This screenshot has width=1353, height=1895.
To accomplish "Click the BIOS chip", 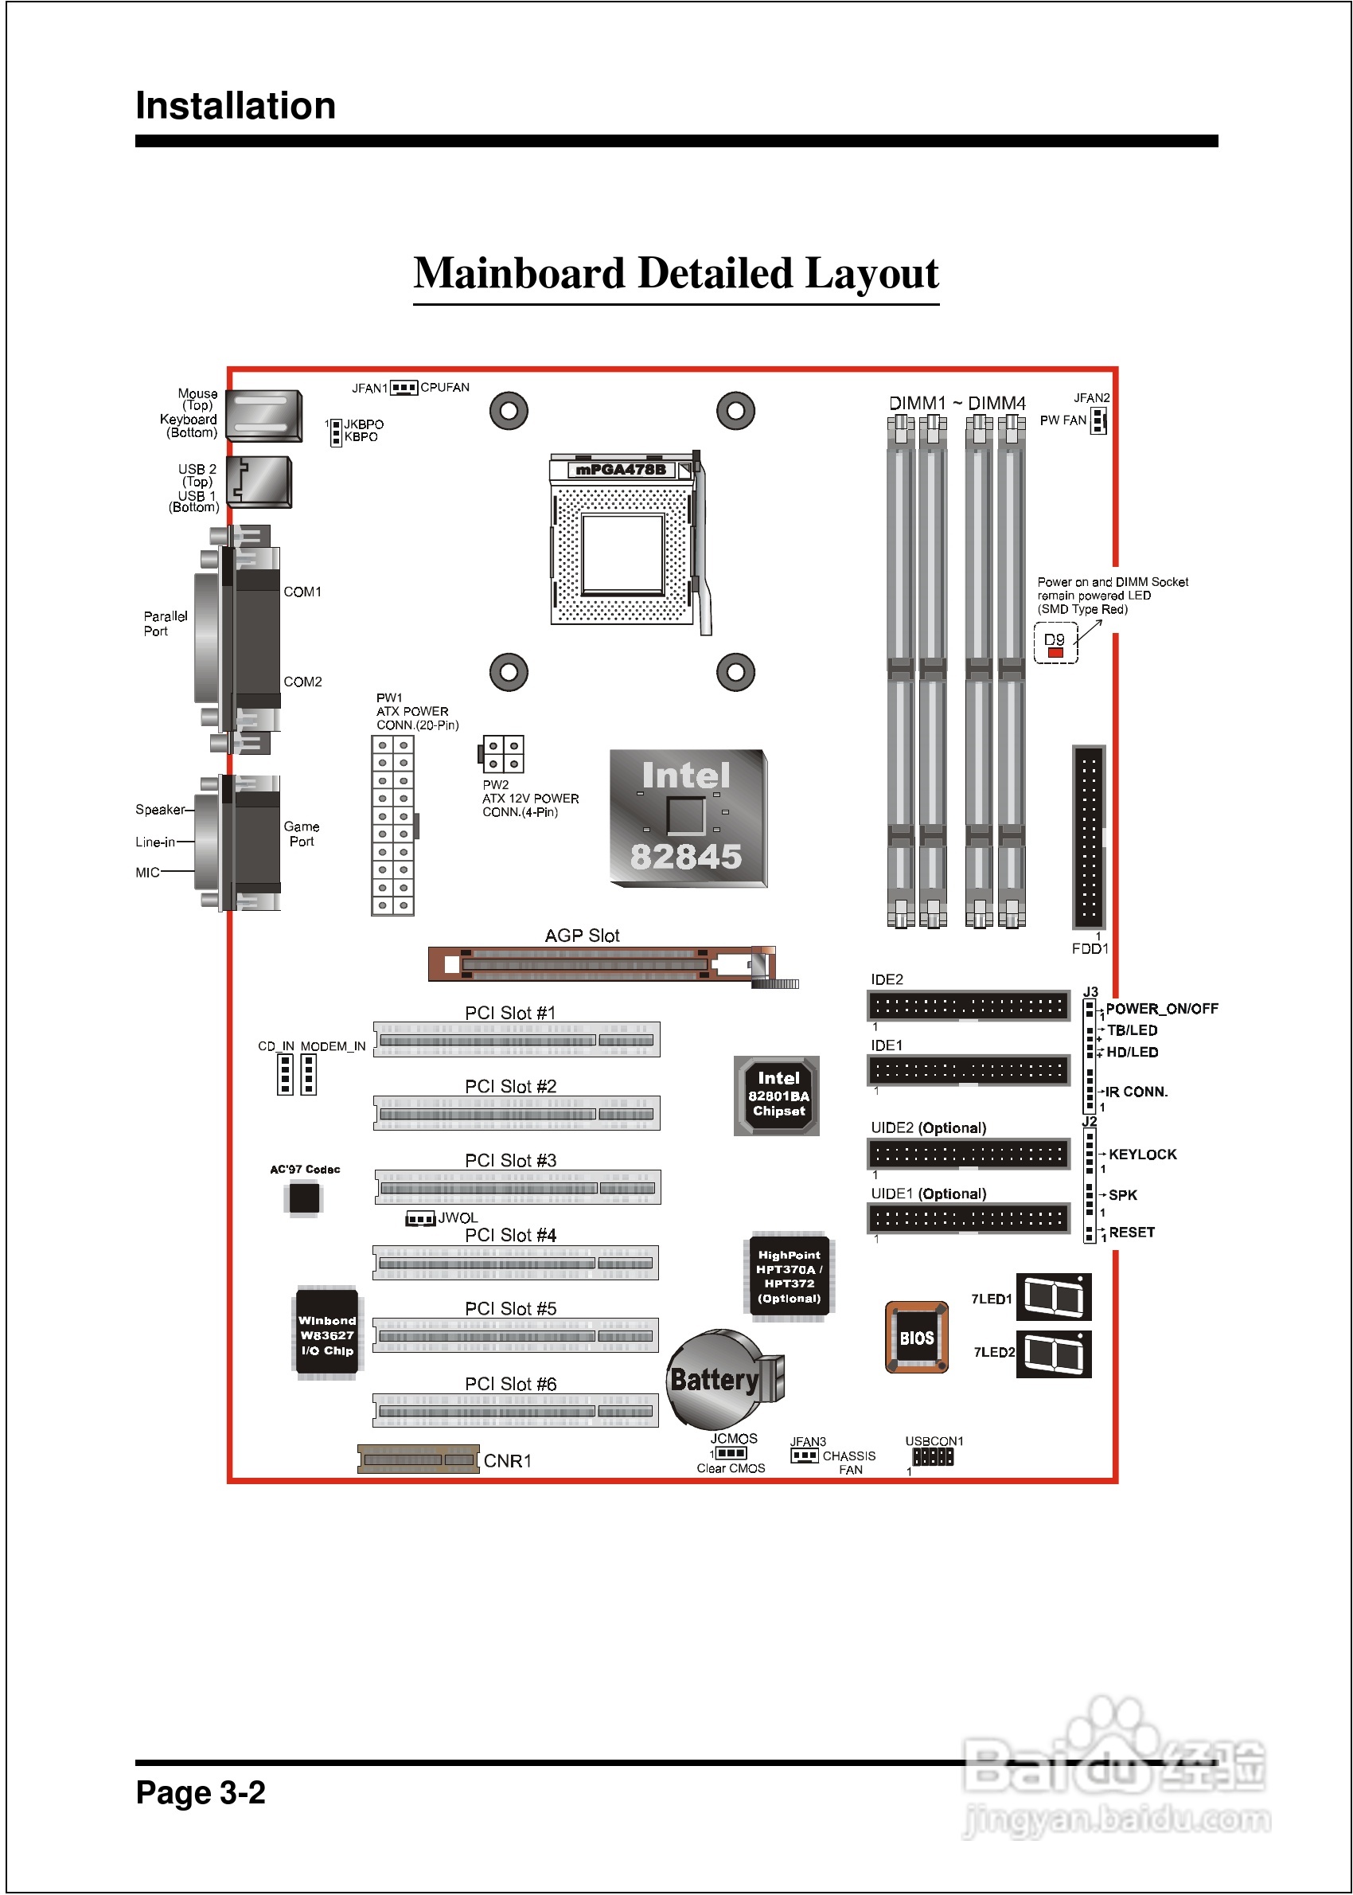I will click(916, 1337).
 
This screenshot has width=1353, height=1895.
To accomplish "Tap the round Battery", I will click(715, 1378).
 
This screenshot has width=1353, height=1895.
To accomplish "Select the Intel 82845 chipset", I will click(688, 818).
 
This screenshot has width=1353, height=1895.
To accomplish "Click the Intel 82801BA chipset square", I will click(778, 1095).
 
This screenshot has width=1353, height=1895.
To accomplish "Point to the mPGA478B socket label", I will click(621, 470).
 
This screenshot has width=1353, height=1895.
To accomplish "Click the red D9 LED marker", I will click(1055, 652).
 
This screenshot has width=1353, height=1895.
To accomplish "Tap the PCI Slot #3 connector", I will click(517, 1187).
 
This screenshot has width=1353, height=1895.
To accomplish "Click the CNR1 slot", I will click(418, 1459).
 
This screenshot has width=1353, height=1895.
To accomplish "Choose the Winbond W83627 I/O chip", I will click(327, 1334).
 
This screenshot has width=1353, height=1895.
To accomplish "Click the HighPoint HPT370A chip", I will click(788, 1276).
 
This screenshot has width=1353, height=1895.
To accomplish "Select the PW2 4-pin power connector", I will click(503, 754).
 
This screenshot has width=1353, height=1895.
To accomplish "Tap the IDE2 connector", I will click(968, 1006).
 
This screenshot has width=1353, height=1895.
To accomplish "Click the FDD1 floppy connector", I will click(1088, 838).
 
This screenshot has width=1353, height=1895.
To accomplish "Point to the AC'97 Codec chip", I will click(304, 1198).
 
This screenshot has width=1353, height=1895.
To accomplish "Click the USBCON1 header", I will click(932, 1455).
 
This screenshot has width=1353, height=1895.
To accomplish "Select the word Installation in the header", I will click(236, 106).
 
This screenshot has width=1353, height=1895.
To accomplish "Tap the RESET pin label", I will click(1132, 1232).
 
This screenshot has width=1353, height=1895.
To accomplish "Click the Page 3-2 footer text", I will click(201, 1791).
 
